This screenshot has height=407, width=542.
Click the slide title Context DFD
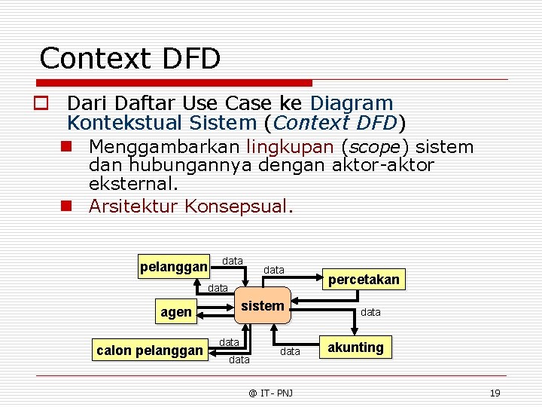[x=129, y=58]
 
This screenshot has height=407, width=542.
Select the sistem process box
[x=262, y=306]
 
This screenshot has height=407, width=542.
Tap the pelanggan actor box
[x=174, y=267]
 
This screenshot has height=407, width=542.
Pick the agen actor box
[x=176, y=312]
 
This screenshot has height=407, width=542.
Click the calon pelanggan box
[x=150, y=350]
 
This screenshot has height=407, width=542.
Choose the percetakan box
[x=363, y=280]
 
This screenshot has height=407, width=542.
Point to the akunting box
[x=355, y=347]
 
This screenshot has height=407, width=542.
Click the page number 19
[x=495, y=393]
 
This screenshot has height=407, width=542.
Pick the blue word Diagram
[x=352, y=103]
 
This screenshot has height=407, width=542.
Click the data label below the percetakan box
[x=370, y=311]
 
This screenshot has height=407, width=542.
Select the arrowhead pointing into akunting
[x=320, y=347]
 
